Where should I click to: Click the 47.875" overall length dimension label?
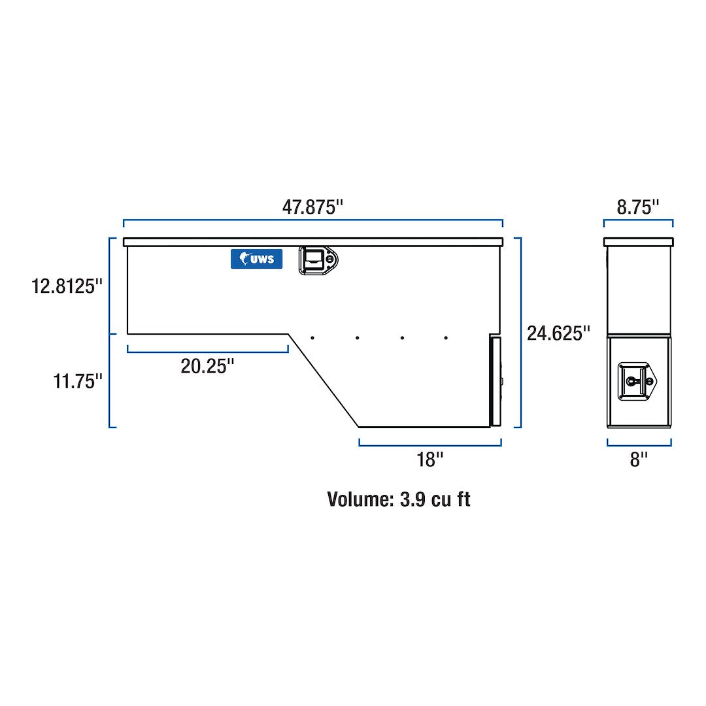(x=312, y=207)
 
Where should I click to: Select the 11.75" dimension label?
(x=78, y=381)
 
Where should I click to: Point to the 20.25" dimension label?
(x=207, y=366)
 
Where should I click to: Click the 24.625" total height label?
(x=558, y=333)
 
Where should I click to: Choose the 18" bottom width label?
(x=430, y=460)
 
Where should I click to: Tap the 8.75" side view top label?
(x=637, y=207)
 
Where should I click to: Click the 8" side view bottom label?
(x=638, y=460)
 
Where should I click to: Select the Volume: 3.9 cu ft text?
(x=398, y=499)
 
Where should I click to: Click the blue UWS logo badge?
(x=256, y=259)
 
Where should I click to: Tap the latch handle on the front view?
(x=318, y=260)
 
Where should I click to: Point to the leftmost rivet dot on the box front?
(x=312, y=338)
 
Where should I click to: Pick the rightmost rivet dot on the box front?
(x=446, y=338)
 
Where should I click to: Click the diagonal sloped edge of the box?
(x=324, y=380)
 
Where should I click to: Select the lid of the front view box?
(x=312, y=242)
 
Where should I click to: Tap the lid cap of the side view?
(x=637, y=242)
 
